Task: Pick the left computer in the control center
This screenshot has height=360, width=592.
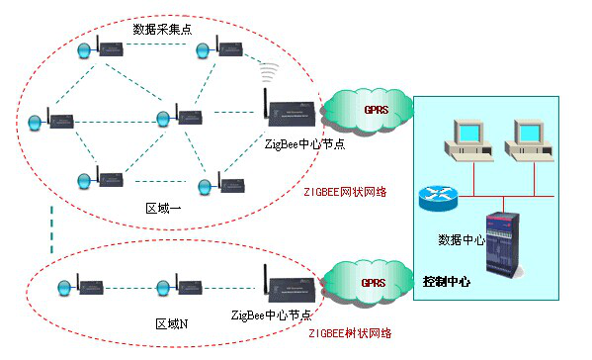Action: [467, 139]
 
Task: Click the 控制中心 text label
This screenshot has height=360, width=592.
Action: [446, 281]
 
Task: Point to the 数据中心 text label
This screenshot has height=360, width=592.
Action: [461, 239]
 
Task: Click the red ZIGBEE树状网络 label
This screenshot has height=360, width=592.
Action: [347, 334]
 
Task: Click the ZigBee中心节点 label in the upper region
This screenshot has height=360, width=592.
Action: [304, 144]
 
